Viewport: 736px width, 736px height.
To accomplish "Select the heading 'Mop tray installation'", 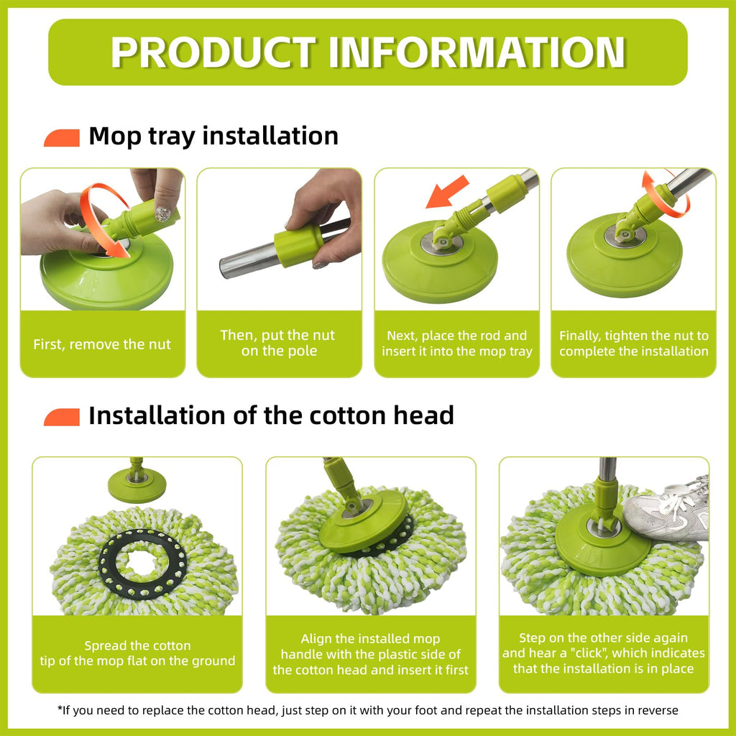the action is tap(213, 136).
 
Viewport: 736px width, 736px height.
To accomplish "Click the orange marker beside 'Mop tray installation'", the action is tap(62, 138).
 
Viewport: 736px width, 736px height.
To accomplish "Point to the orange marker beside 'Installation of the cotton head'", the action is tap(62, 418).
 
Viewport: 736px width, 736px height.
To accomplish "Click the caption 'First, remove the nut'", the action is tap(102, 344).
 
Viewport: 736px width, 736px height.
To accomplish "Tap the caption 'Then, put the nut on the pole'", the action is tap(278, 343).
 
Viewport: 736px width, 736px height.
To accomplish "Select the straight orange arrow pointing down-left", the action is tap(446, 192).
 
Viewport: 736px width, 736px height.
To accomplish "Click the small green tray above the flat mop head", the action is tap(137, 485).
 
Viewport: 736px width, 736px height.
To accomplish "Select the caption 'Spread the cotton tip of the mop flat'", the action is tap(137, 653).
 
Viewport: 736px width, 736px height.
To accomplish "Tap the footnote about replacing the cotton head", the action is tap(367, 710).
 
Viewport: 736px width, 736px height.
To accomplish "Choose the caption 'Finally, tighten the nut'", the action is tap(634, 343).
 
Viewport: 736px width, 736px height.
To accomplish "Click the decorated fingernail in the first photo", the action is tap(162, 214).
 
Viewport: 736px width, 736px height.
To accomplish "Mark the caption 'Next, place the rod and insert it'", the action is tap(456, 343).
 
